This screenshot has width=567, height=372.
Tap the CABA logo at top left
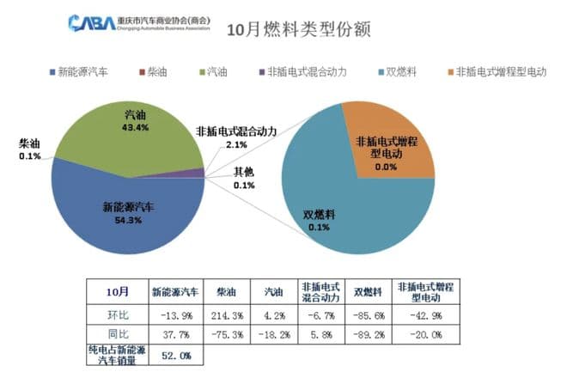point(90,21)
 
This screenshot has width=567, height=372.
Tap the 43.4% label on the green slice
point(136,127)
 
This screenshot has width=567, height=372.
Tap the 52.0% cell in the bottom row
point(176,355)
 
